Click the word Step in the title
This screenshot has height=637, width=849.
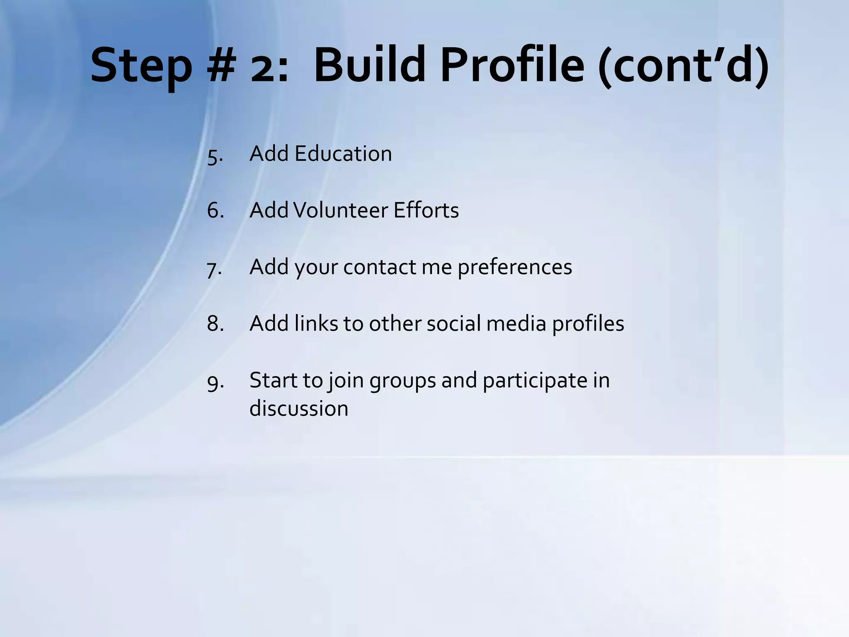(x=141, y=66)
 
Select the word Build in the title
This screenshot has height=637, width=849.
(x=369, y=66)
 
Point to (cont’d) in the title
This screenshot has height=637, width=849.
(x=684, y=66)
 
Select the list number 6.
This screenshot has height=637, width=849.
(x=215, y=210)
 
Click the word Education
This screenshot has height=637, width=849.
(x=343, y=154)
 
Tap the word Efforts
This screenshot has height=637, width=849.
(x=426, y=210)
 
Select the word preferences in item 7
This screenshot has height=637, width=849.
(x=514, y=267)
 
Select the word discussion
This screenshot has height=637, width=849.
(x=298, y=409)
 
